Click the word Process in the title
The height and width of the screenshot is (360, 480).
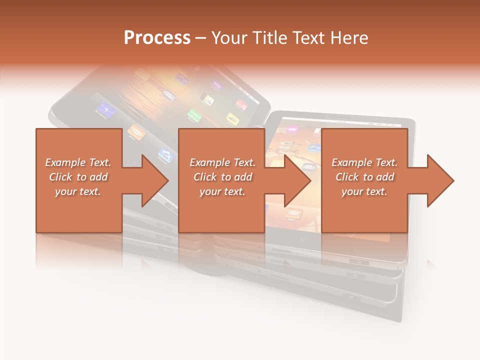point(157,38)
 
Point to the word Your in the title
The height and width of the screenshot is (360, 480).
point(229,38)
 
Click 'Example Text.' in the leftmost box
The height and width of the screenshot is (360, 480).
point(78,162)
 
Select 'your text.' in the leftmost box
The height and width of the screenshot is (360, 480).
point(78,191)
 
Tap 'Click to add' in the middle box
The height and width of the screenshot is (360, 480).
point(222,177)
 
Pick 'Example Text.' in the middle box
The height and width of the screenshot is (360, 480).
point(222,162)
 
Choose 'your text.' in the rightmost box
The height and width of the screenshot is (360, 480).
point(364,191)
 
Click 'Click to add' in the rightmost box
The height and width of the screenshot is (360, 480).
point(364,177)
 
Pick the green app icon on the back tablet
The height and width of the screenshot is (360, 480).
point(194,115)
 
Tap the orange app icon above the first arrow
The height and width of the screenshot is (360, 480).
point(134,131)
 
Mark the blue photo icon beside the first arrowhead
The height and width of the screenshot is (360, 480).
point(164,153)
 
